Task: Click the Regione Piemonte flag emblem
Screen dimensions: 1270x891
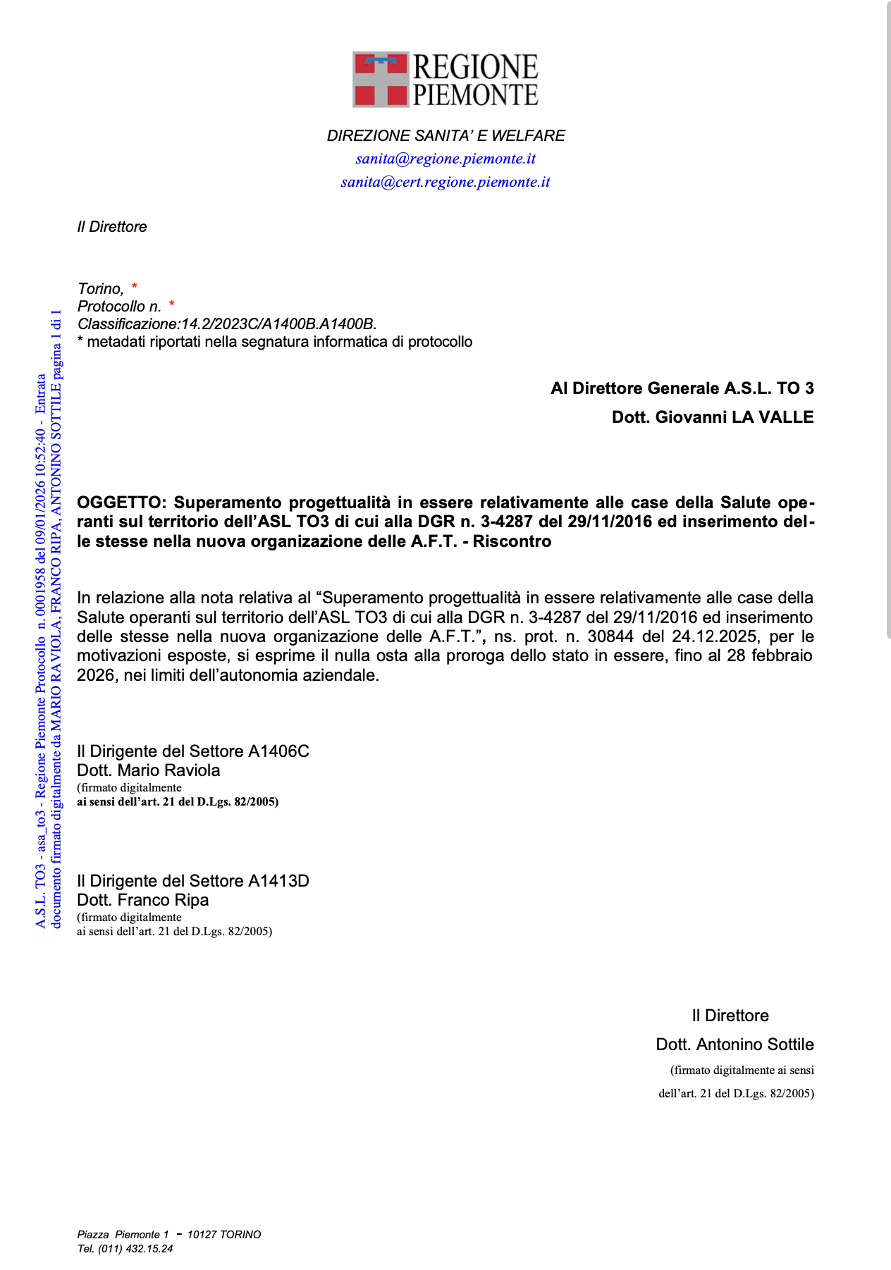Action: (x=381, y=79)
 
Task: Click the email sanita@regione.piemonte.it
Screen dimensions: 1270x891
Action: (x=445, y=159)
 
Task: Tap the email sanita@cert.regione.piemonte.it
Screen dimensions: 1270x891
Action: (x=445, y=182)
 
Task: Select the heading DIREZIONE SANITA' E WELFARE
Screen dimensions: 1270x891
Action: (x=445, y=135)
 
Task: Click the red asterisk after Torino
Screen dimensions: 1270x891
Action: (x=134, y=287)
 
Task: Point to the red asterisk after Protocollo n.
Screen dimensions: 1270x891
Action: (x=171, y=304)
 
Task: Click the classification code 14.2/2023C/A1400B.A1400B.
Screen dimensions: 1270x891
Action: (x=279, y=324)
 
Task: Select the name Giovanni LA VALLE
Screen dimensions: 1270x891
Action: (x=734, y=417)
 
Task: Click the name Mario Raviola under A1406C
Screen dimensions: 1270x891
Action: (x=168, y=770)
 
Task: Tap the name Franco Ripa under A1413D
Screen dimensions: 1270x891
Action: (x=163, y=900)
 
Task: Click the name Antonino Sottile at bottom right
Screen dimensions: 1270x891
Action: (x=754, y=1044)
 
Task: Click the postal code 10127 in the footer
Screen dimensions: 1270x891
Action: (x=201, y=1235)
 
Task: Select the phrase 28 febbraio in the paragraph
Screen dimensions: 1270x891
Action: (x=770, y=655)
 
